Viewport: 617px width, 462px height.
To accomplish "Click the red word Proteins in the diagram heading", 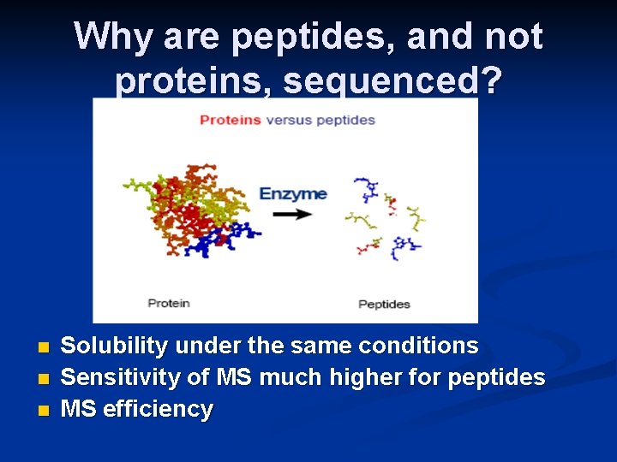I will (x=230, y=120).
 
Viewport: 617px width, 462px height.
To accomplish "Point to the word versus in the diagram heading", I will (x=289, y=120).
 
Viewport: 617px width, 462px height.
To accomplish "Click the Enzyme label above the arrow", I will (x=293, y=193).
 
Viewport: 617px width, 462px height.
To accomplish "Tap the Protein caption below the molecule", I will (x=169, y=303).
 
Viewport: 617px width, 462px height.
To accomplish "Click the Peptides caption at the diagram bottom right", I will (x=384, y=304).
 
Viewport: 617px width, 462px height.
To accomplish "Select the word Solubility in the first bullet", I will (x=115, y=346).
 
